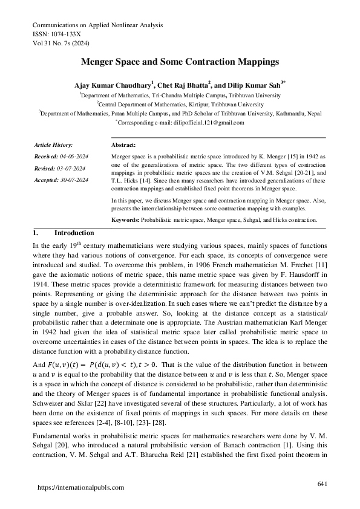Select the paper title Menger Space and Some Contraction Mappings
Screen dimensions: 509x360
(x=180, y=62)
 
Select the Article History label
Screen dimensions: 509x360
(x=54, y=145)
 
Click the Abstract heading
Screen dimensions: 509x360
(x=124, y=145)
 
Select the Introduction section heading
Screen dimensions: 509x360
(x=74, y=233)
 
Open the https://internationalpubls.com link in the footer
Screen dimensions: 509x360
(x=81, y=487)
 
